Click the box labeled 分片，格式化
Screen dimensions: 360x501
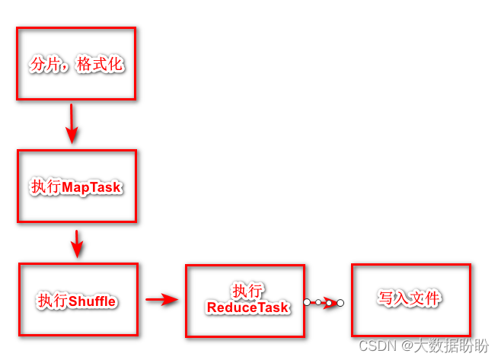[x=76, y=64]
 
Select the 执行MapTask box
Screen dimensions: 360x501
[x=76, y=186]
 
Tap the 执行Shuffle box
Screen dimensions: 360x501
[x=78, y=300]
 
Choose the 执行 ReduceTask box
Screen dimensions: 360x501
[x=245, y=300]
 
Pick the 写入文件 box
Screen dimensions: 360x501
[x=410, y=299]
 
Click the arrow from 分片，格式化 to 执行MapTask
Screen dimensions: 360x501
[x=72, y=123]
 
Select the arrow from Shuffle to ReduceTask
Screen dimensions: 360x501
[x=161, y=299]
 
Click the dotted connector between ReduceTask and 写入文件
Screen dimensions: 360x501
[x=324, y=302]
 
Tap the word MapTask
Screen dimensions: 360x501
[x=91, y=187]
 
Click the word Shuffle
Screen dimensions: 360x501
[x=92, y=301]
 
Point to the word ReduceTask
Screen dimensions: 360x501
[x=248, y=307]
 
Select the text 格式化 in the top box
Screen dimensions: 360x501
[x=101, y=65]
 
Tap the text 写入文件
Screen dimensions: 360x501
[x=410, y=298]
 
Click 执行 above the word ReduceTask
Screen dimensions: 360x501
[x=248, y=292]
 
